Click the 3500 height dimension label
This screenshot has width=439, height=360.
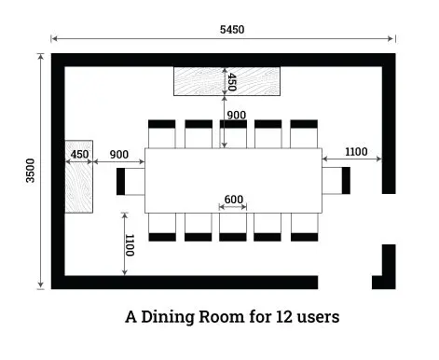pyautogui.click(x=30, y=172)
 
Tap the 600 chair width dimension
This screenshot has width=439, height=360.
pyautogui.click(x=233, y=199)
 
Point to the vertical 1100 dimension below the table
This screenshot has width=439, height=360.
pyautogui.click(x=129, y=244)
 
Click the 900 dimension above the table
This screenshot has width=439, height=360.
pyautogui.click(x=237, y=115)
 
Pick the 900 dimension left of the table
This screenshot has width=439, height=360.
pyautogui.click(x=118, y=154)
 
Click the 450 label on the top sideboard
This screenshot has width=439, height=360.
pyautogui.click(x=232, y=81)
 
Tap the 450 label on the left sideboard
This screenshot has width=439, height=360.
pyautogui.click(x=79, y=154)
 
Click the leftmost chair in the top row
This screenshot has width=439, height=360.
pyautogui.click(x=161, y=133)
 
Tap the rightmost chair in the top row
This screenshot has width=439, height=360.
pyautogui.click(x=304, y=133)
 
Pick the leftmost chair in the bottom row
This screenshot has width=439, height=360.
pyautogui.click(x=161, y=227)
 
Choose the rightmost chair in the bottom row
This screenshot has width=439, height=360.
pyautogui.click(x=304, y=227)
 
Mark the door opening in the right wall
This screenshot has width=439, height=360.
pyautogui.click(x=389, y=219)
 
